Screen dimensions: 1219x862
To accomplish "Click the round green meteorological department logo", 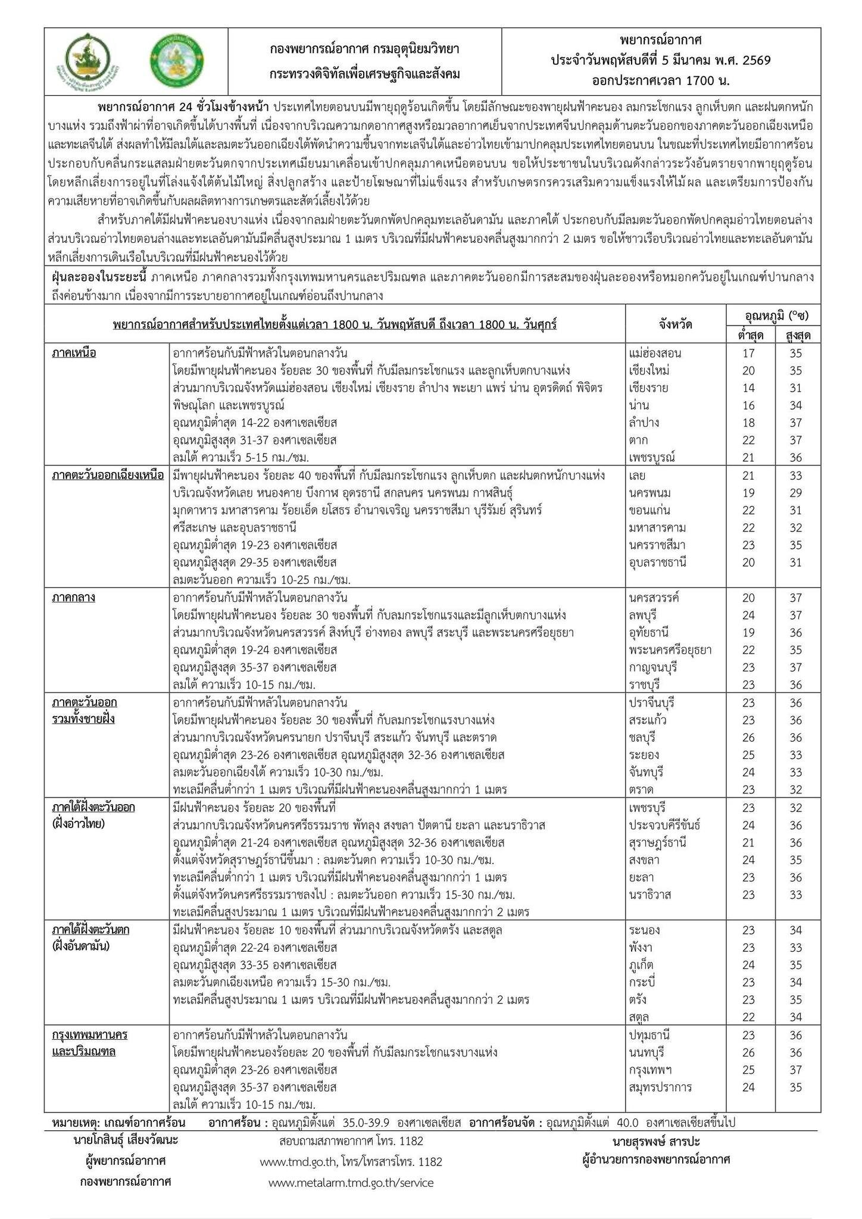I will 175,61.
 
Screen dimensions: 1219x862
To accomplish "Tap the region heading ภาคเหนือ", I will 74,353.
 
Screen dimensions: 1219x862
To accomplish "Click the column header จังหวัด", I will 675,324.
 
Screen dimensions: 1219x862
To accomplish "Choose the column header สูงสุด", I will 797,335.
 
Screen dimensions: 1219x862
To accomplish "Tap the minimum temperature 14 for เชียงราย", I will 748,388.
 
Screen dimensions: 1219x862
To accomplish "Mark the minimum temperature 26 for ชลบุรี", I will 748,737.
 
